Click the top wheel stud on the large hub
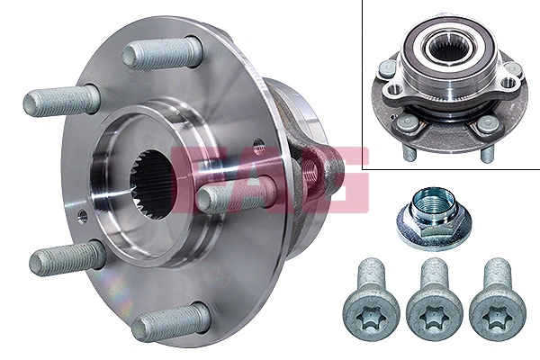[x=162, y=53]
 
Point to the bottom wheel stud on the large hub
[x=170, y=321]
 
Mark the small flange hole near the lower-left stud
[x=83, y=216]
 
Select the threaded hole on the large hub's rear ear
[x=311, y=172]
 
